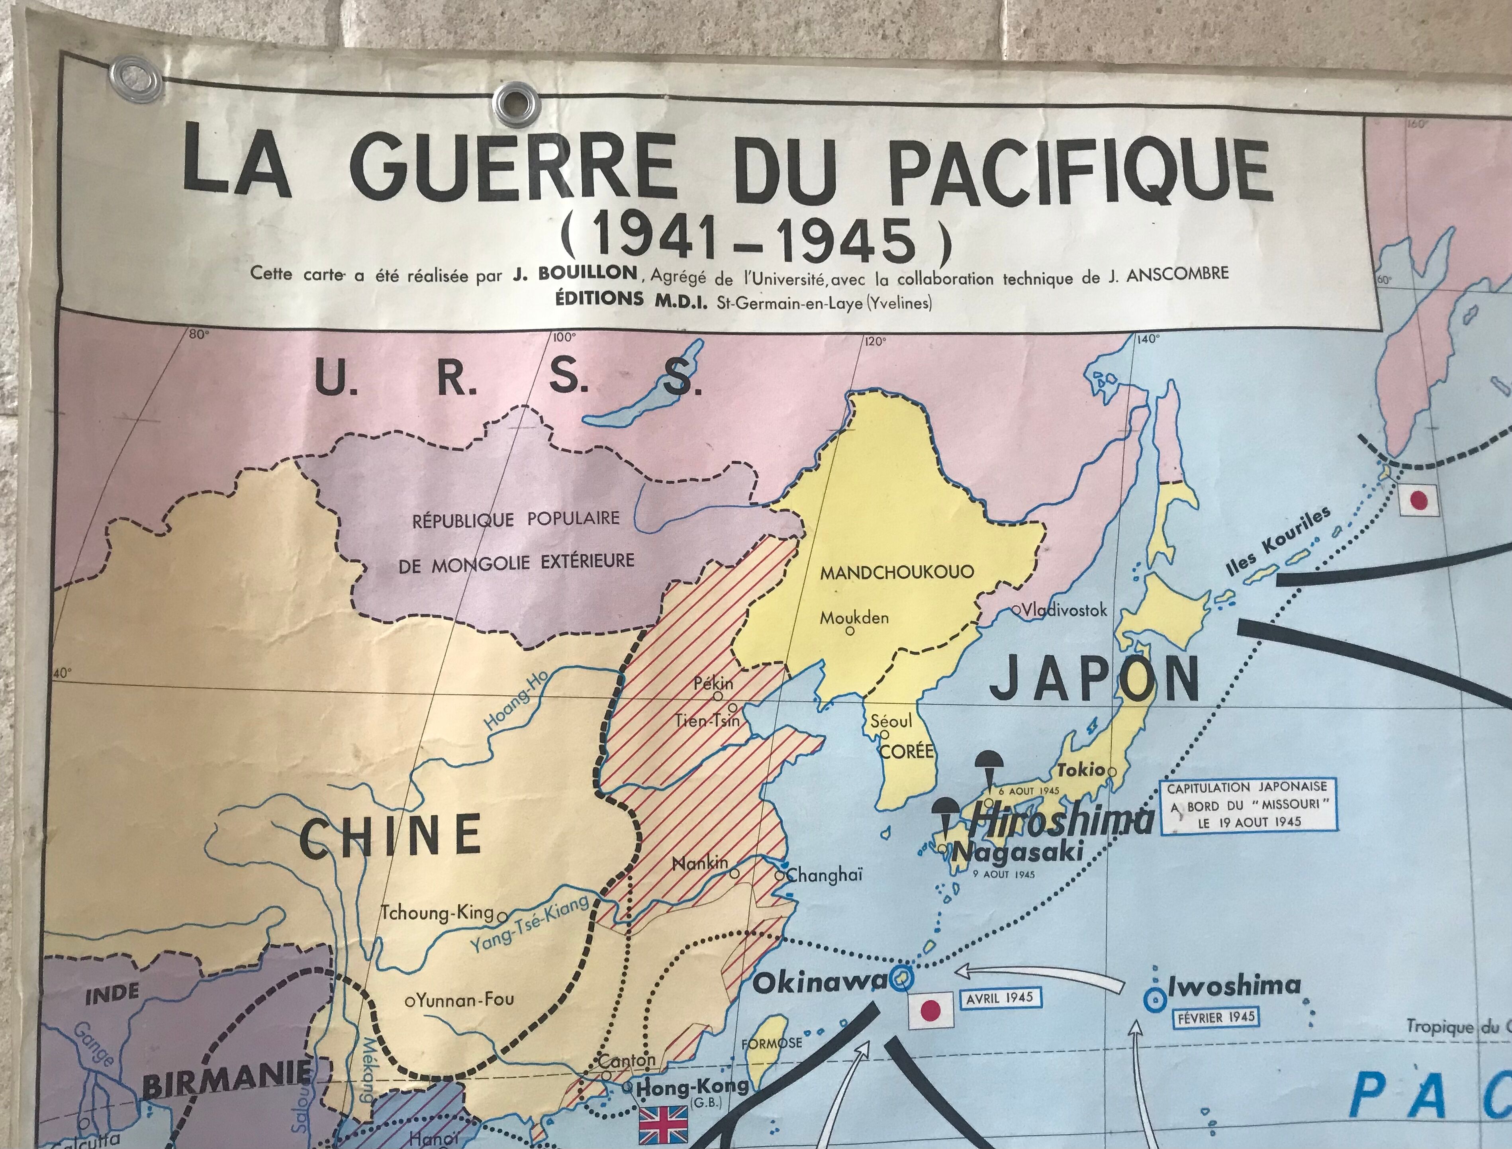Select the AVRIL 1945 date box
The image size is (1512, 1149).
click(x=999, y=998)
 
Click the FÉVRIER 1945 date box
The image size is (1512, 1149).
click(x=1216, y=1017)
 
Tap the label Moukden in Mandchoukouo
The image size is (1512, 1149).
click(x=854, y=618)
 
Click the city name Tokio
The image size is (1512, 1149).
click(x=1081, y=769)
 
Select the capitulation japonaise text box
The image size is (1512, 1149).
click(x=1248, y=805)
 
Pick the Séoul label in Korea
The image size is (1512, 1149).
click(x=891, y=721)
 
